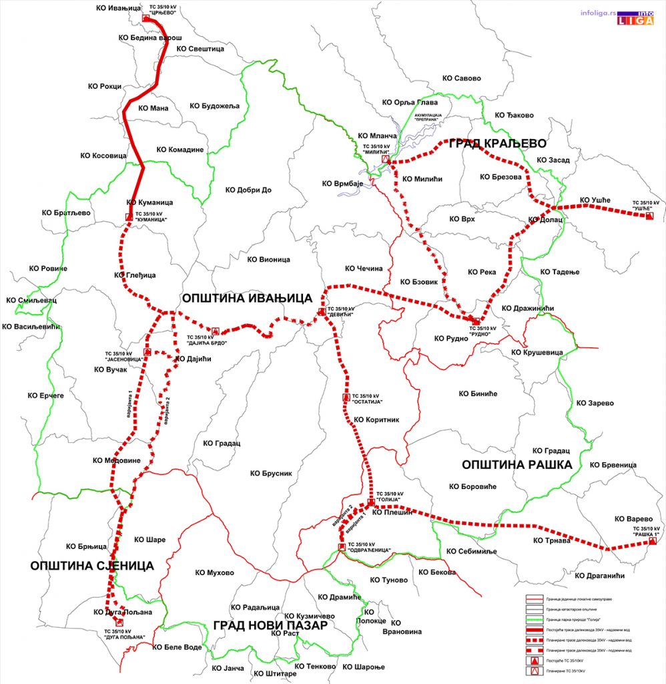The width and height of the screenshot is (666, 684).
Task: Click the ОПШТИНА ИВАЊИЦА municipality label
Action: tap(248, 298)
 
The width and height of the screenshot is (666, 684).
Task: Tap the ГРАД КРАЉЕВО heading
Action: tap(497, 144)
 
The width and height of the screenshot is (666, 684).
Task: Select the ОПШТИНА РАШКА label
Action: tap(517, 464)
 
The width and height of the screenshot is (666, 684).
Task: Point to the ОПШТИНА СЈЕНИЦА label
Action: tap(92, 566)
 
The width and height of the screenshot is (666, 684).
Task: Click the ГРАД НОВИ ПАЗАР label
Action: tap(270, 626)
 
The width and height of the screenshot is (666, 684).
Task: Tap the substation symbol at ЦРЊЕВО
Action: tap(146, 18)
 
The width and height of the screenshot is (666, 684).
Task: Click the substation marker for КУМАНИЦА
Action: tap(128, 216)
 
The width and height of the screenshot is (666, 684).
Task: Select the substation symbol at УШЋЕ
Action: tap(649, 216)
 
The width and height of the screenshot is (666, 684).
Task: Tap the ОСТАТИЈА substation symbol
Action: tap(346, 397)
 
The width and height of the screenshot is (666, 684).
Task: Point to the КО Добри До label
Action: tap(248, 190)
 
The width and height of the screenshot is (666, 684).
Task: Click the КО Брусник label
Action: tap(272, 473)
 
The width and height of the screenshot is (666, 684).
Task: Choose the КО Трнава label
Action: tap(552, 540)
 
